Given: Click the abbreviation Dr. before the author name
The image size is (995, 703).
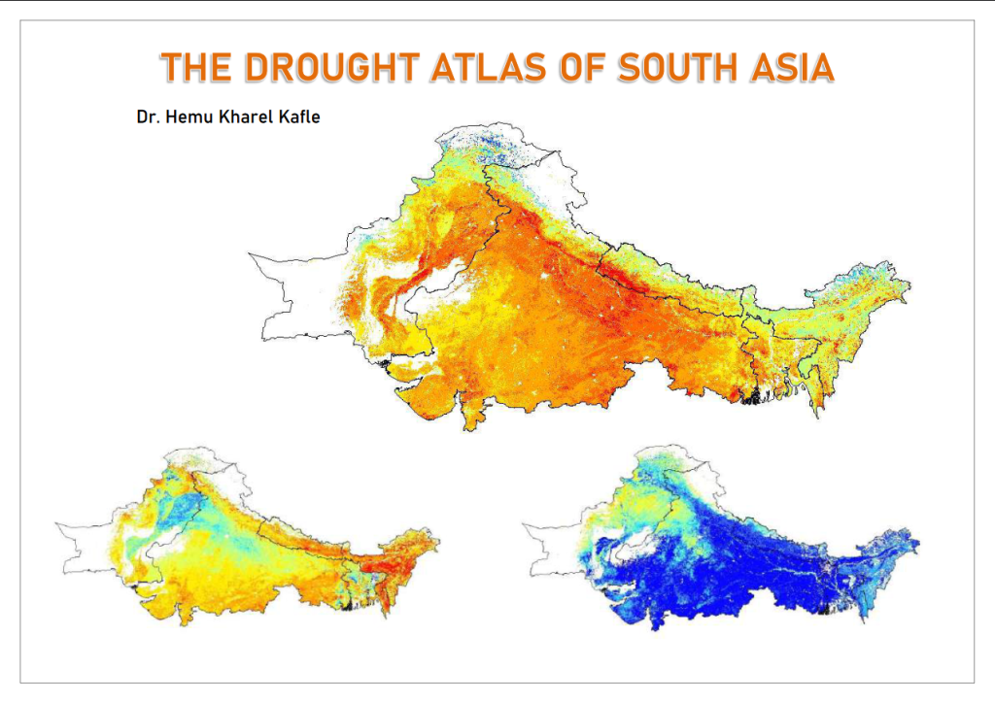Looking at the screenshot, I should coord(149,118).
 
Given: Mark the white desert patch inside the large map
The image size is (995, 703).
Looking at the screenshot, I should coord(433,292).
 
